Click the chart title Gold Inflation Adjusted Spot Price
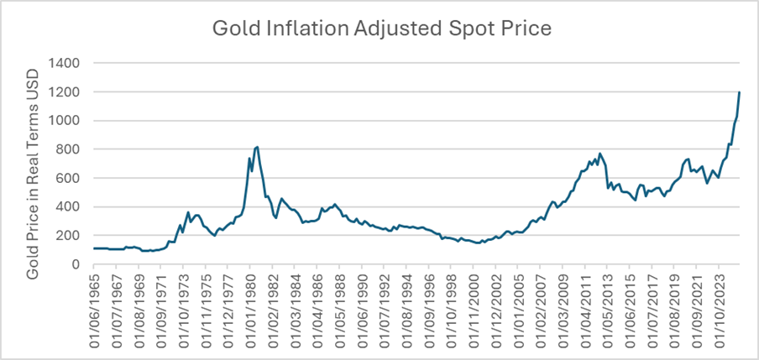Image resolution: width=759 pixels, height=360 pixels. (382, 28)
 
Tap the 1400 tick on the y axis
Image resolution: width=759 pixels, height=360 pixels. (64, 63)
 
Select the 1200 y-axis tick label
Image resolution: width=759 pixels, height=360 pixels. (64, 91)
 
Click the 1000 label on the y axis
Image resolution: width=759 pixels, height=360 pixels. (64, 121)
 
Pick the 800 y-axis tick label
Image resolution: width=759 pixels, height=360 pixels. (68, 149)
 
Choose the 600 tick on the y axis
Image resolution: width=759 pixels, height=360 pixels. (68, 178)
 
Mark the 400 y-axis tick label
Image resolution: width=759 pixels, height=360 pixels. (68, 207)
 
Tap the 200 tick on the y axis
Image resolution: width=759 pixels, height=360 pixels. (68, 236)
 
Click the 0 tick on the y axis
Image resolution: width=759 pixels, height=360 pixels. (76, 264)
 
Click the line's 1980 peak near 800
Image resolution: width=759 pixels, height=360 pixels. (256, 147)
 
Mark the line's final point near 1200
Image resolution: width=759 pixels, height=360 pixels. (739, 92)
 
